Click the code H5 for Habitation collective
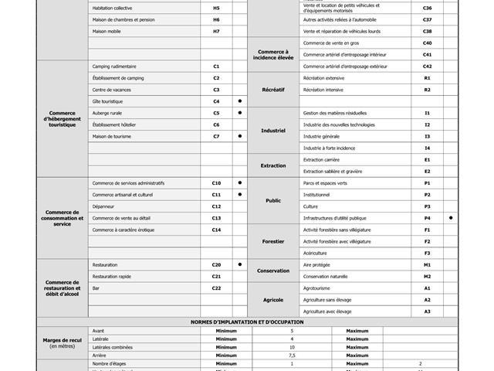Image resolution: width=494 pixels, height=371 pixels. tap(216, 8)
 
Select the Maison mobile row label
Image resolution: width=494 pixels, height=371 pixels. tap(107, 31)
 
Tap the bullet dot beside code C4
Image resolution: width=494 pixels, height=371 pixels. tap(240, 101)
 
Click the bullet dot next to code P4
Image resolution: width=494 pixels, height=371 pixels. tap(451, 218)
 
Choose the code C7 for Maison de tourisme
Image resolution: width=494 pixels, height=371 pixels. tap(216, 136)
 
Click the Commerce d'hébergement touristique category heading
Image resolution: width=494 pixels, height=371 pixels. tap(63, 118)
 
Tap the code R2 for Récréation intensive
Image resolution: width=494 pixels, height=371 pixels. tap(427, 90)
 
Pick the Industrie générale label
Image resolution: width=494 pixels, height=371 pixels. tap(321, 136)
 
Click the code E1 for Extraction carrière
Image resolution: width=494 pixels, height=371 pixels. tap(427, 159)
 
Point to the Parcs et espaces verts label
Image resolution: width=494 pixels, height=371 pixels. tap(325, 183)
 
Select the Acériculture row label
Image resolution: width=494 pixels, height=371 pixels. tap(315, 253)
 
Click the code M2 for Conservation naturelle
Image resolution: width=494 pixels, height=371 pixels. tap(427, 276)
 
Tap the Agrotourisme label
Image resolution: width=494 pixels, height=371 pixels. tap(317, 288)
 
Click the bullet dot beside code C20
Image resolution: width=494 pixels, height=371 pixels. tap(240, 264)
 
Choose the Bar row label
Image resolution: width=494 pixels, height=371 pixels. tap(96, 288)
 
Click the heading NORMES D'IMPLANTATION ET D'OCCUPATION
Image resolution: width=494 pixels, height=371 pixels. tap(247, 322)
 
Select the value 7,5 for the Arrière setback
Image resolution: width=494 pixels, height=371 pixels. tap(292, 355)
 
